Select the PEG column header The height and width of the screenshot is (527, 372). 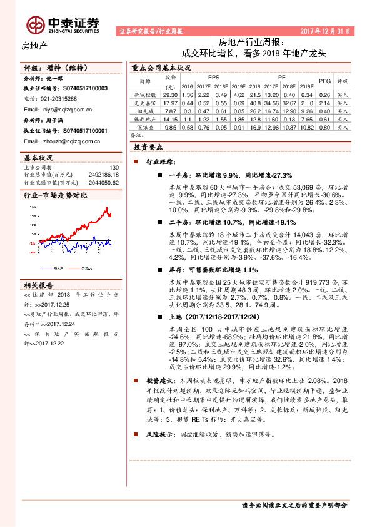(324, 81)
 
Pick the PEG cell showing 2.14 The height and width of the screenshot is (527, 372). (324, 102)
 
